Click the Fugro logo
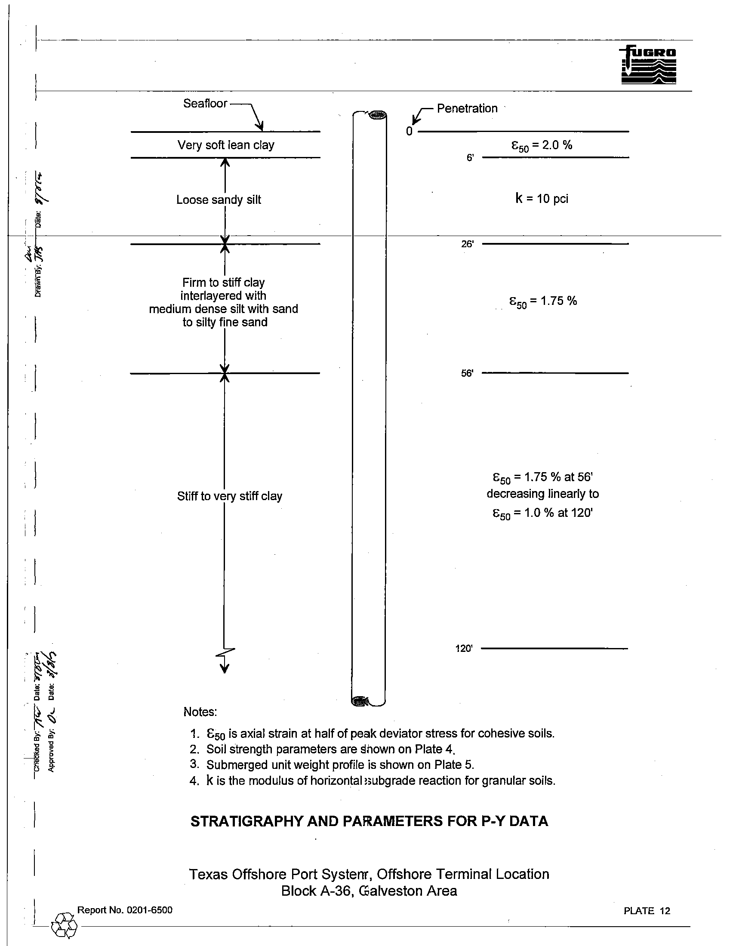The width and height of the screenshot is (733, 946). click(x=648, y=65)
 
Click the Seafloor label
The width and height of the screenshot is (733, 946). click(x=205, y=104)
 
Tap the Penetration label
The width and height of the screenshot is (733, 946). click(x=467, y=108)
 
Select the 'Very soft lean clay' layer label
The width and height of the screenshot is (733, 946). click(x=226, y=145)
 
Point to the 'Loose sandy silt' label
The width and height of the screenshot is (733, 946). click(x=219, y=200)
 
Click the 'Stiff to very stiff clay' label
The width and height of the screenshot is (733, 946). click(x=230, y=496)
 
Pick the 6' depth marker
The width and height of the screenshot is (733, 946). click(x=470, y=158)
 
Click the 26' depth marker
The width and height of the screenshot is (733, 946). click(x=468, y=244)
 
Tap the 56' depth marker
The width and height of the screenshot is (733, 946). click(x=467, y=373)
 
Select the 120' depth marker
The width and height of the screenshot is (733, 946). click(x=464, y=648)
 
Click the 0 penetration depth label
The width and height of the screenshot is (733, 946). click(x=410, y=132)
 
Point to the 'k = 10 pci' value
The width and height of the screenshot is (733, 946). click(x=542, y=199)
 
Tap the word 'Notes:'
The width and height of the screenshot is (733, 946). click(x=200, y=712)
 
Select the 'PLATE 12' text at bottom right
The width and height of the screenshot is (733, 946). click(x=647, y=911)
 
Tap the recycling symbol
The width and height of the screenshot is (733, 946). click(x=64, y=926)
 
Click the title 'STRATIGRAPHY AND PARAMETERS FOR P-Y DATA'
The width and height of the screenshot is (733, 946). click(x=369, y=821)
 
